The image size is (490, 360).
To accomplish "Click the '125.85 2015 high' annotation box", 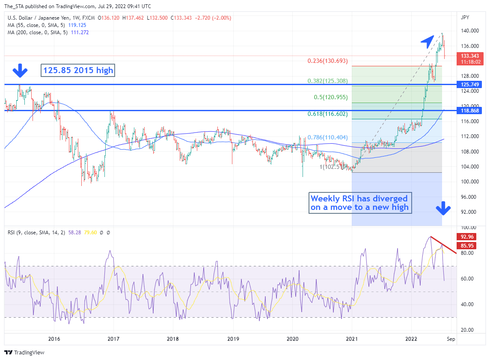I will click(x=78, y=71).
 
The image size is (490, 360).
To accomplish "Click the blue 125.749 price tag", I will click(x=469, y=85).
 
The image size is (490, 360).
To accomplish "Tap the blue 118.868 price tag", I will click(x=469, y=111).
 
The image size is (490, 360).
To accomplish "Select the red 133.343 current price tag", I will click(x=469, y=56).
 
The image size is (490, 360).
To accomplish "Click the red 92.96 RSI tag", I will click(x=466, y=237).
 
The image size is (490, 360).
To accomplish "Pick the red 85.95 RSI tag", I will click(x=466, y=246).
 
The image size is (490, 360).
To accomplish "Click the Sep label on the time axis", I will click(x=450, y=339).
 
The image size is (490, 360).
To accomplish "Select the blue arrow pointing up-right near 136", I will click(x=428, y=42).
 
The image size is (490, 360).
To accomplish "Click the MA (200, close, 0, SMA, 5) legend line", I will click(x=48, y=32).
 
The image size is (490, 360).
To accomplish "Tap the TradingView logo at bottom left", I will click(x=24, y=353).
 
